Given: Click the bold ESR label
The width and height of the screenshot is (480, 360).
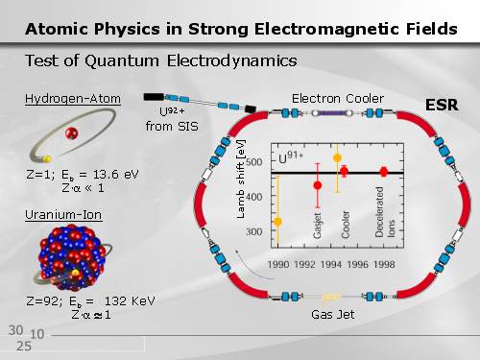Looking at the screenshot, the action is point(442,105).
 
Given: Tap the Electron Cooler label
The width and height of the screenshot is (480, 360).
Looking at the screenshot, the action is point(338,99).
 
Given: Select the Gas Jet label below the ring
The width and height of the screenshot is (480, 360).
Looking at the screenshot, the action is point(333,315).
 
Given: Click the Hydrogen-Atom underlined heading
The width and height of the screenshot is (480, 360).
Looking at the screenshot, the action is point(73,99).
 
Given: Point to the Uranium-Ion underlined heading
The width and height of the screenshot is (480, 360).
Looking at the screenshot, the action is point(63,215).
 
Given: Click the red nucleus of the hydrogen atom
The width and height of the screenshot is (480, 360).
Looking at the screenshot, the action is point(71,133).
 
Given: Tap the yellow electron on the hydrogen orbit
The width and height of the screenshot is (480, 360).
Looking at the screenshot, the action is point(47,158).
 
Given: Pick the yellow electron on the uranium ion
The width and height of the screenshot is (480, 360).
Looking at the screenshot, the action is point(75,273).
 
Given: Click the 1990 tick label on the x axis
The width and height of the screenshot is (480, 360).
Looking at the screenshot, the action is point(278,265).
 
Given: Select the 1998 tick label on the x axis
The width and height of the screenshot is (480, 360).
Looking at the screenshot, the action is point(384,265).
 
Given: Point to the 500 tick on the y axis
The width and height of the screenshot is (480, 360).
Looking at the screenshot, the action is point(254,162).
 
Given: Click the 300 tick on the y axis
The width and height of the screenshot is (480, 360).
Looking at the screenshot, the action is point(254,231).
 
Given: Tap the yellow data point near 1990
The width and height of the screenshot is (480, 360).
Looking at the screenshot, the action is point(278,222).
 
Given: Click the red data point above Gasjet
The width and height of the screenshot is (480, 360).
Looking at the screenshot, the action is point(318,185).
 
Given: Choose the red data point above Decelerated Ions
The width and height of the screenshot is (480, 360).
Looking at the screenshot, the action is point(384,172).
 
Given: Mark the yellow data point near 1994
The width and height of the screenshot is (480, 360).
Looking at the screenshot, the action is point(337,157).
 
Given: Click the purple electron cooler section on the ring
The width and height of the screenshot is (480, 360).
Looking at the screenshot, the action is point(332,113).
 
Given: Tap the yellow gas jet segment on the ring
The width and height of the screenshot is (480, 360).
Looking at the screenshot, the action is point(331,297).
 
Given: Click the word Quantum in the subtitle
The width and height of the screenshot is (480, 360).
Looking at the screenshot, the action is point(122,60).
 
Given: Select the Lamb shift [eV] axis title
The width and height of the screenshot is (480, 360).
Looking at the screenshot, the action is point(241,180).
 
